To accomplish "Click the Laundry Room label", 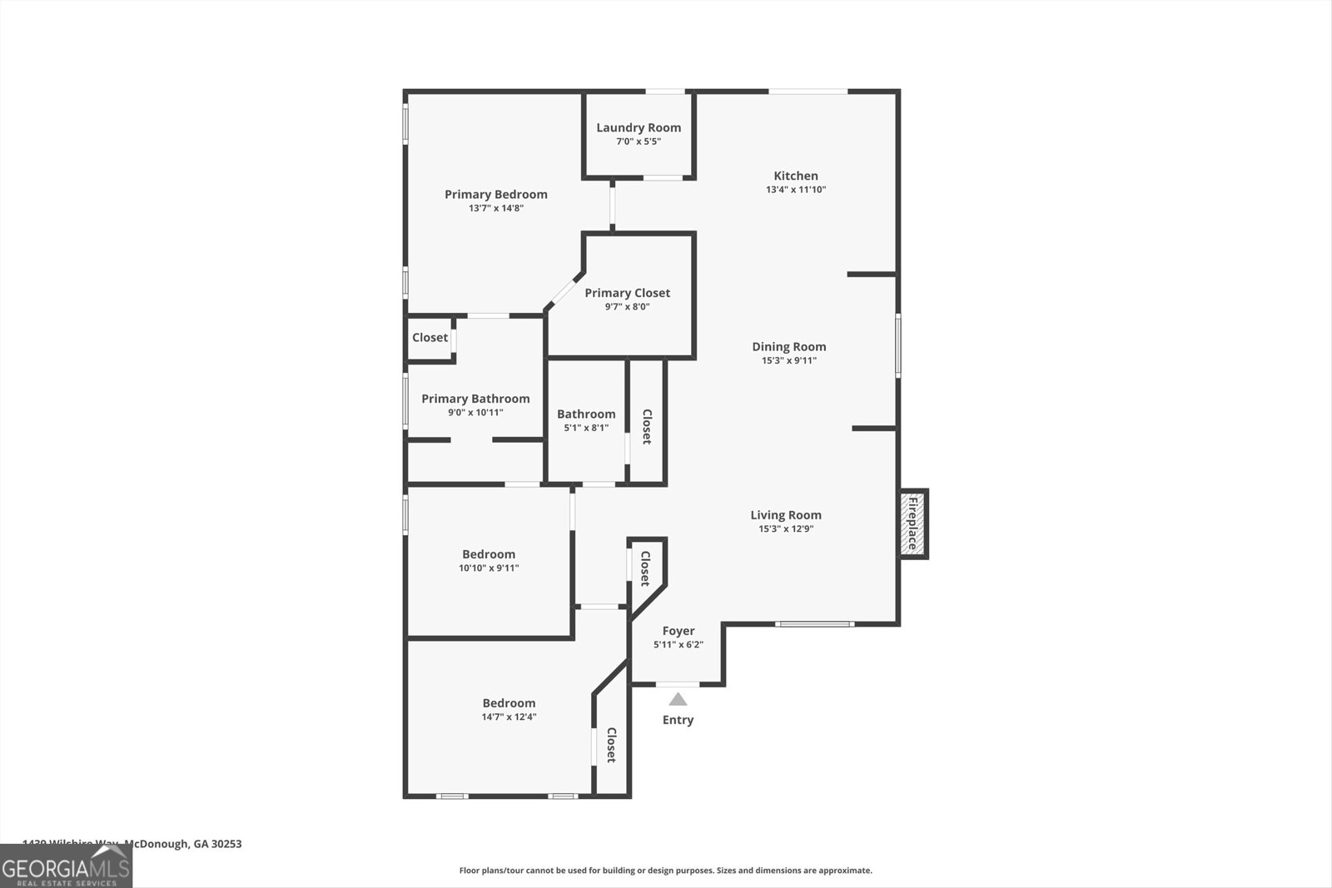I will tap(639, 127).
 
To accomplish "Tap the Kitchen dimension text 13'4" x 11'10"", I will tap(796, 190).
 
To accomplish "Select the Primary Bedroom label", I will tap(496, 194).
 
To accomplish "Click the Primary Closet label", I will tap(627, 293).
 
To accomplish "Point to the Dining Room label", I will tap(788, 346).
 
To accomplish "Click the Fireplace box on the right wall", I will tap(912, 523).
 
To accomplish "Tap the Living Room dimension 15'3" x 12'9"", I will tap(785, 528).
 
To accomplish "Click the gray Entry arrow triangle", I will tap(678, 699).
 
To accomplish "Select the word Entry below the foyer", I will tap(678, 720).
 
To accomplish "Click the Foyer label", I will tap(678, 631).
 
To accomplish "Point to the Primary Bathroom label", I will tap(475, 399).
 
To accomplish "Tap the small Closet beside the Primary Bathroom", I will tap(430, 337).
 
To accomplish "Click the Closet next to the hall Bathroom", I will tap(646, 426).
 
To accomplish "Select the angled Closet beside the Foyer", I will tap(645, 569).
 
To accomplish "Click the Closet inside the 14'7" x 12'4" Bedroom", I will tap(611, 745).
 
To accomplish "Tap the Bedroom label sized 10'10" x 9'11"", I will tap(489, 554).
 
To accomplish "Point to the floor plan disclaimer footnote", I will tap(665, 871).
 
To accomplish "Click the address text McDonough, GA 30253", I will tap(183, 844).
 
